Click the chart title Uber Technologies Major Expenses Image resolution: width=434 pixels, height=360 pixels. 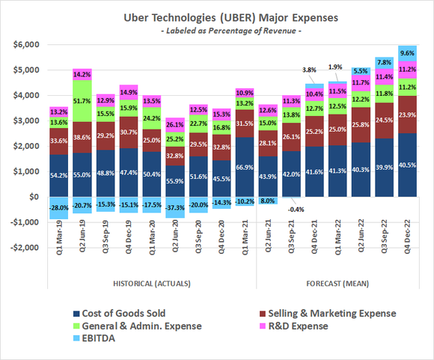coord(217,16)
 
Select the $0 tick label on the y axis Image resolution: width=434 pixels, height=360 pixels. coord(32,197)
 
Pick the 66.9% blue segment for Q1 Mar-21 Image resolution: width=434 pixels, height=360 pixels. coord(245,168)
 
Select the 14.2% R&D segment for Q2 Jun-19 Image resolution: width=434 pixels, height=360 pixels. coord(82,74)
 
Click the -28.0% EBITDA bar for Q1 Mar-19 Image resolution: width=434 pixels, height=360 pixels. coord(58,207)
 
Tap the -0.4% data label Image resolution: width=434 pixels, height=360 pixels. coord(292,210)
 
